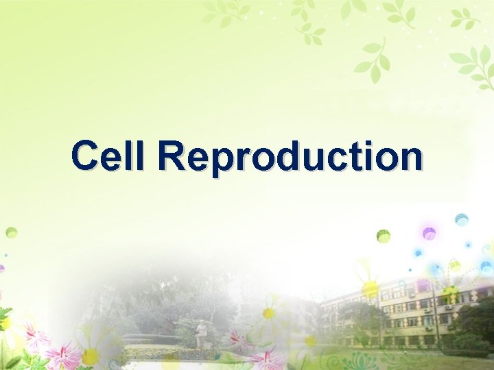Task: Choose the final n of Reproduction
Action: (411, 159)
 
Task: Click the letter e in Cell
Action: (113, 159)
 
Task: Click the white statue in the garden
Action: (202, 335)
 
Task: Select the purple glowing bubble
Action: (429, 233)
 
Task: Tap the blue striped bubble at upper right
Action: (462, 219)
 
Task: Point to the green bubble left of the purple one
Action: (384, 236)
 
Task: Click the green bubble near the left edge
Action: (11, 232)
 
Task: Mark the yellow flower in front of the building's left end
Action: (370, 288)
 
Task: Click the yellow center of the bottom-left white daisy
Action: (90, 356)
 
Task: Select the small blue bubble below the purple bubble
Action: (418, 252)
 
